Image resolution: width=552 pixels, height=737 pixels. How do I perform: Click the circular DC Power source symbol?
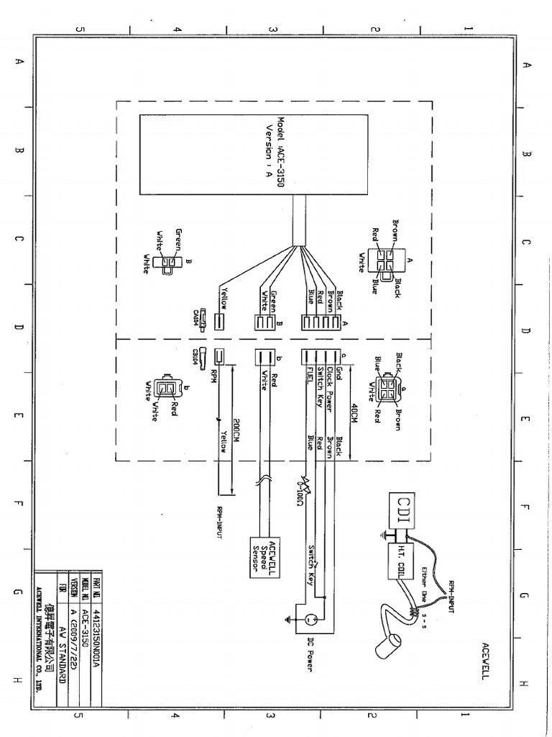pos(310,618)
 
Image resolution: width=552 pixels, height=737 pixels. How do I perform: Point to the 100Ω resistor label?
pos(298,494)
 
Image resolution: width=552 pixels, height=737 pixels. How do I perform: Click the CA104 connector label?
pos(195,317)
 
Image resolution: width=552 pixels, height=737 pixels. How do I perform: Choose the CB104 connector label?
pos(195,355)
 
